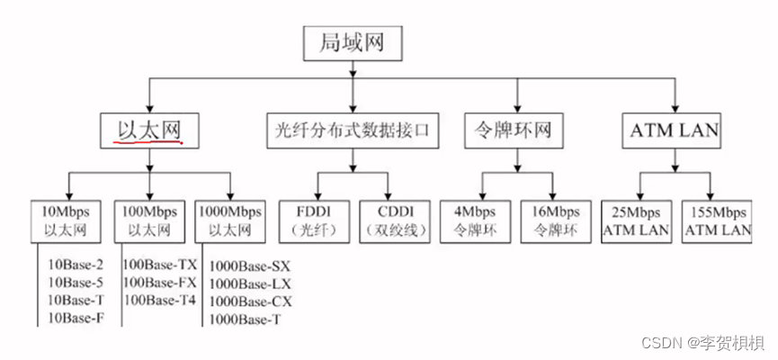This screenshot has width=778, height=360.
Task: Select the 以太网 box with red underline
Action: (x=149, y=130)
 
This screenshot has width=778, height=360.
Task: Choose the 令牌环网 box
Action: (x=517, y=130)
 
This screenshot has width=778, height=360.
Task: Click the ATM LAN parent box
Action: (x=674, y=130)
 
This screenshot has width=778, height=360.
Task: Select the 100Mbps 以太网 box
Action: (x=146, y=219)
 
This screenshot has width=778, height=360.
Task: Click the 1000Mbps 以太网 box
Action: (x=230, y=219)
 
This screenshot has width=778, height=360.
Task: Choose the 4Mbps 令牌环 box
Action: (x=477, y=219)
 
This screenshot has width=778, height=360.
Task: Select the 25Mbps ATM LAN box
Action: (x=635, y=219)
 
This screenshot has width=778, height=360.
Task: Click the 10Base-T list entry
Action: (x=75, y=300)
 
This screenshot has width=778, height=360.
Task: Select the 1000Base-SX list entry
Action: (x=250, y=266)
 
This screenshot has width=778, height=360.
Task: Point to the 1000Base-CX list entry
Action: (x=250, y=301)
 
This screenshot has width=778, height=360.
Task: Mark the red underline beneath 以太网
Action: (x=150, y=142)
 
